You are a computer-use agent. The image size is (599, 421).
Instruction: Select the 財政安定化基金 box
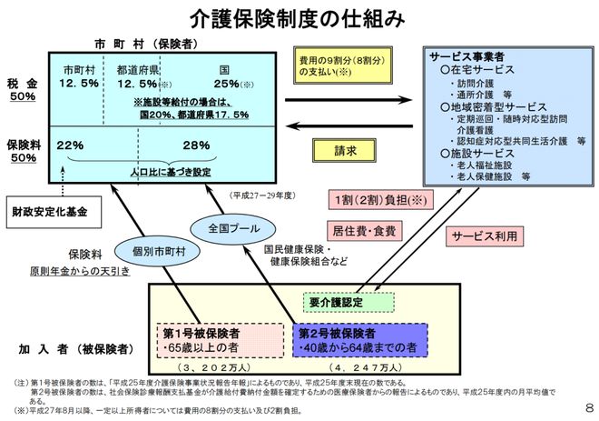pos(50,213)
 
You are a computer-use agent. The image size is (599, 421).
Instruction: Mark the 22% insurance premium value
pos(71,145)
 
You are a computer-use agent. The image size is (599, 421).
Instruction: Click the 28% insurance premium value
pos(196,145)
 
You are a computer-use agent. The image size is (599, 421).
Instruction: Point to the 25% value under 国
pos(224,85)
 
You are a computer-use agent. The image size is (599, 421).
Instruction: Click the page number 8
pos(588,407)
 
